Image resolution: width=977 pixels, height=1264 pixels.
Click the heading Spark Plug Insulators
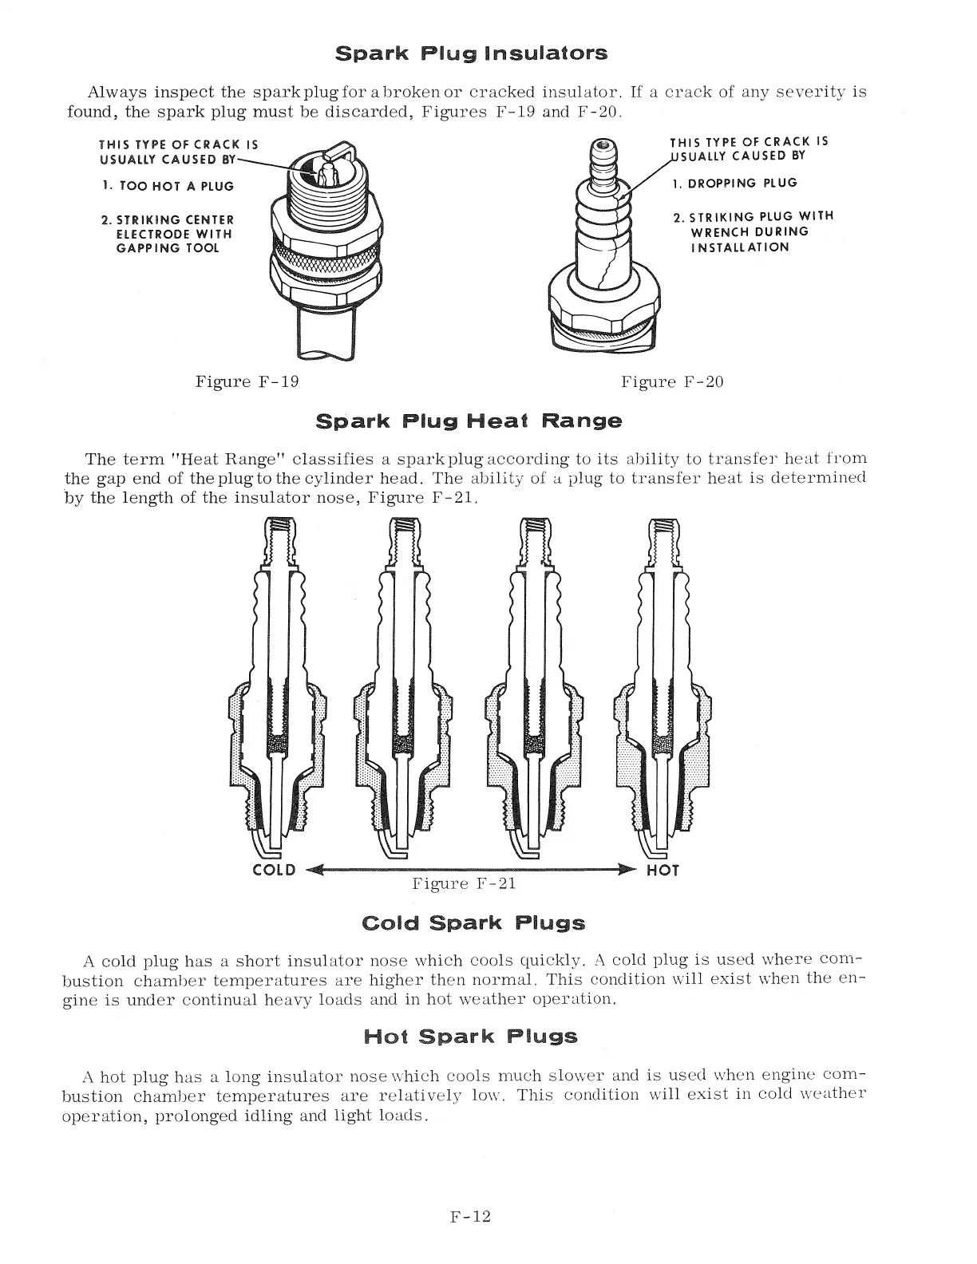click(x=471, y=53)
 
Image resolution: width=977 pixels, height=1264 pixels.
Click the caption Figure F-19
click(x=247, y=381)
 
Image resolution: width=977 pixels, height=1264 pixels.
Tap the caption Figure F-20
click(x=672, y=381)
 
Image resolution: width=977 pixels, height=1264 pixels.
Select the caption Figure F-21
click(x=464, y=883)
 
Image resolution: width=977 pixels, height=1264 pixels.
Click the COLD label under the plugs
click(x=274, y=870)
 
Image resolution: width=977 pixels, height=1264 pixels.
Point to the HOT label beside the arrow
click(x=662, y=871)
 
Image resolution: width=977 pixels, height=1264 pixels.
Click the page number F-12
click(x=469, y=1217)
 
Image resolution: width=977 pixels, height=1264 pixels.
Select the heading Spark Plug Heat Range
click(x=469, y=421)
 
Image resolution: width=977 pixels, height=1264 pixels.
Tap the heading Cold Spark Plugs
click(x=473, y=923)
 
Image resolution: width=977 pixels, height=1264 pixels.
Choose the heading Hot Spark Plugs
click(x=470, y=1037)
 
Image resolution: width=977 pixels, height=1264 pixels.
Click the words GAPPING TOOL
click(x=168, y=248)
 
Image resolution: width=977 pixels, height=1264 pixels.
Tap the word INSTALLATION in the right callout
click(x=740, y=247)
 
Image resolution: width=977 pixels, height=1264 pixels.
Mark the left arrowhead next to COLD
click(x=312, y=870)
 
